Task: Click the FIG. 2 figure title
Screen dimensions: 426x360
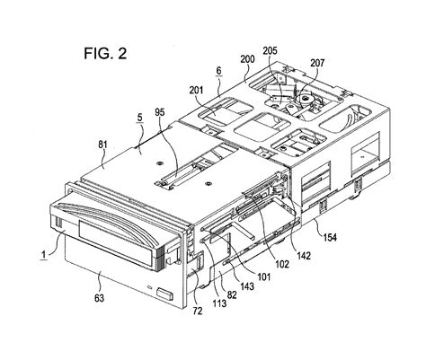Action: pos(105,54)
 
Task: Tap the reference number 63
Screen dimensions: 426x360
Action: pos(99,298)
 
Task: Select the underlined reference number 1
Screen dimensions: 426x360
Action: pos(44,255)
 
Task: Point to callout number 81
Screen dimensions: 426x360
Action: pos(102,145)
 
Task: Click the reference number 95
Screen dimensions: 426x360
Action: pos(160,112)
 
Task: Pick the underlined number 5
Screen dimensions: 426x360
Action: pos(139,118)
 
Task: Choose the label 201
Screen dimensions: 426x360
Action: pos(196,90)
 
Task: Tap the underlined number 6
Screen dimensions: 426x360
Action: pos(219,71)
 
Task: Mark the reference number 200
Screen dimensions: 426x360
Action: pos(247,59)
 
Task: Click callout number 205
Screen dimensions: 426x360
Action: pos(271,50)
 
